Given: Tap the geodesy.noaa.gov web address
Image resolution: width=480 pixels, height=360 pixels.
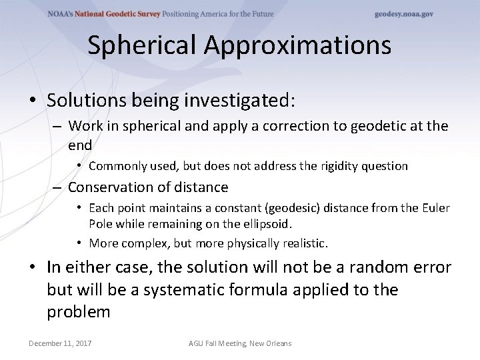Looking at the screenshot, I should (x=403, y=14).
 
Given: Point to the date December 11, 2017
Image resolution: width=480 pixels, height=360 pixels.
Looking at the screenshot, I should (x=60, y=343).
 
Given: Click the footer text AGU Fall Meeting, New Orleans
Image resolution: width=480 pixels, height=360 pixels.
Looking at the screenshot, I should (x=240, y=343).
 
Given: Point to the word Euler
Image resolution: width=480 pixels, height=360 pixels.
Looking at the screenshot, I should (x=435, y=209).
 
